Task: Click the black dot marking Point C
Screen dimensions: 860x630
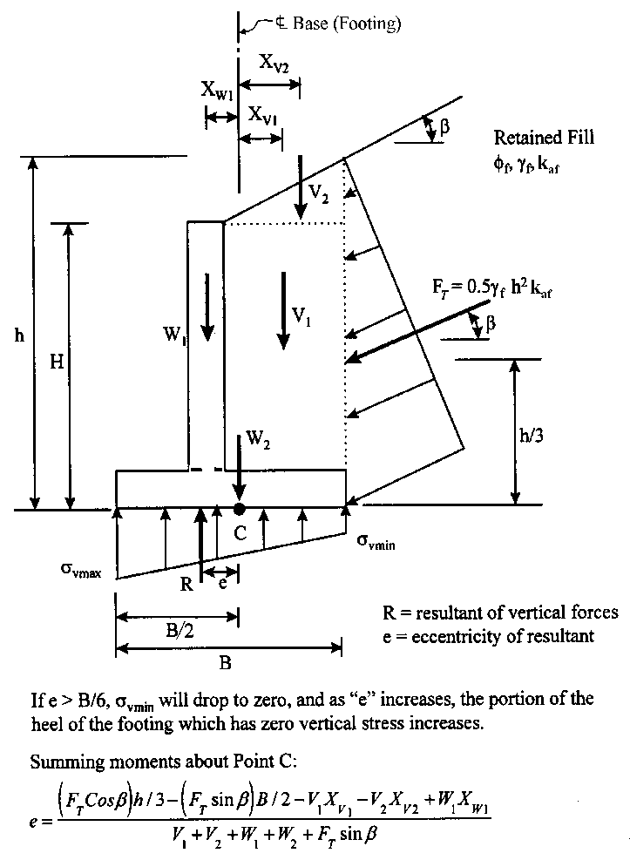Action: point(239,508)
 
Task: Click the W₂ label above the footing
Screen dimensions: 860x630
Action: point(257,441)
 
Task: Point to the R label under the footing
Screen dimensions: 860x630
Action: point(186,585)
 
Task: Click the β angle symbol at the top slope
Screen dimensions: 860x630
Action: point(444,126)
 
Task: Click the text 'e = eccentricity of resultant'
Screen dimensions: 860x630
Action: point(488,636)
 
